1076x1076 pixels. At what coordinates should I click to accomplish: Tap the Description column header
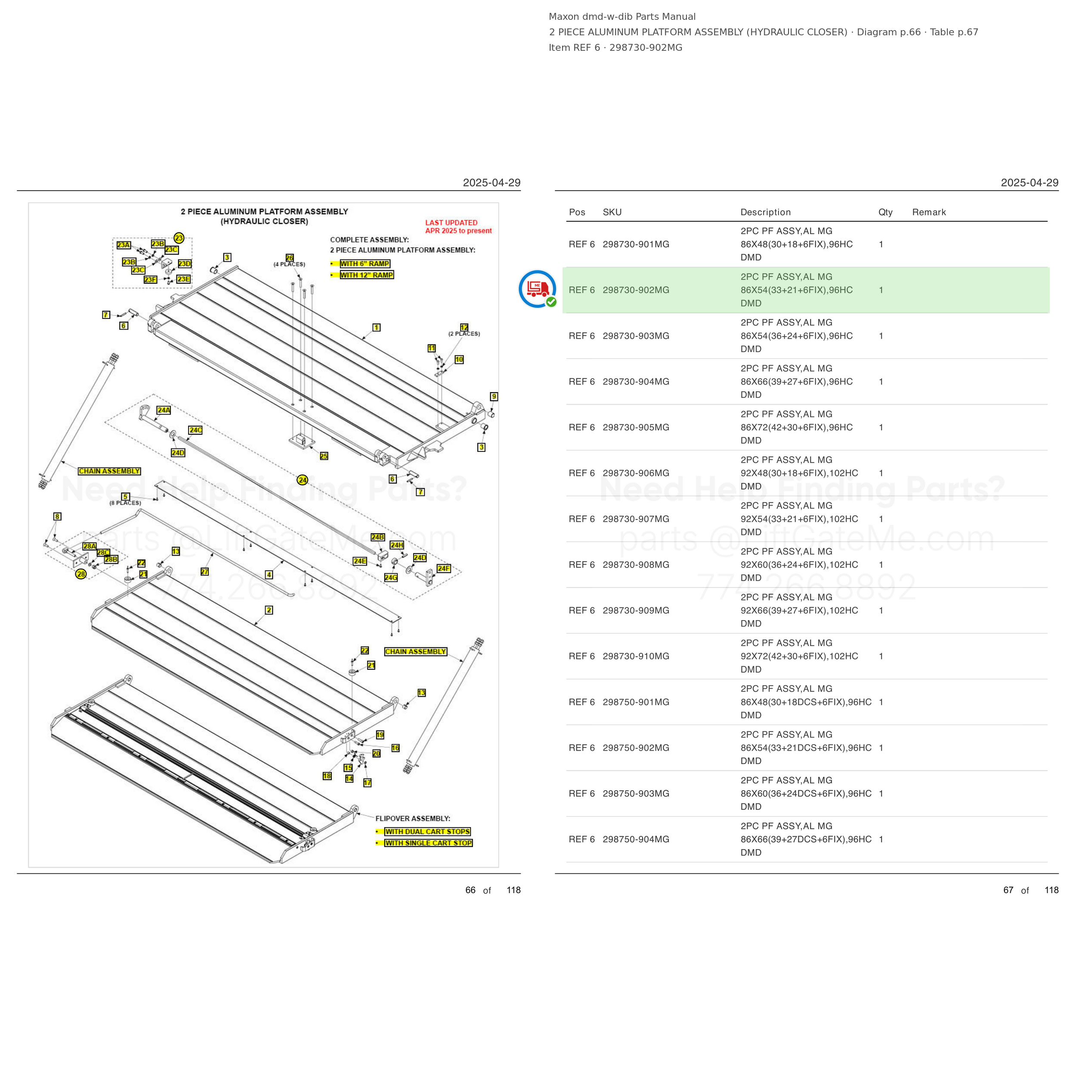pyautogui.click(x=765, y=212)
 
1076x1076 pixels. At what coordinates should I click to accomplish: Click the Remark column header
pyautogui.click(x=929, y=212)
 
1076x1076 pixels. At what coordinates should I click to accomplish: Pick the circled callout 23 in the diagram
pyautogui.click(x=179, y=238)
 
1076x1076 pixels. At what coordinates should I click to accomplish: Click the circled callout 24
pyautogui.click(x=303, y=479)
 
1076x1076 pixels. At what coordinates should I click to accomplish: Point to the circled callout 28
pyautogui.click(x=81, y=574)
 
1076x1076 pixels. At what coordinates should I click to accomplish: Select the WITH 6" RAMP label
pyautogui.click(x=365, y=264)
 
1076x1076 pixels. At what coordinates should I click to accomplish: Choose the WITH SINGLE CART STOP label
pyautogui.click(x=428, y=843)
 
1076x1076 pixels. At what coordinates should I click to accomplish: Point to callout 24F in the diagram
pyautogui.click(x=444, y=569)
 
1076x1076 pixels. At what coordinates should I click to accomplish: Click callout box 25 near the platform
pyautogui.click(x=324, y=456)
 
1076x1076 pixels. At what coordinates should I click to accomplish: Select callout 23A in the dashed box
pyautogui.click(x=124, y=245)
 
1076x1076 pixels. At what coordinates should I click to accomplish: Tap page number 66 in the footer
pyautogui.click(x=470, y=890)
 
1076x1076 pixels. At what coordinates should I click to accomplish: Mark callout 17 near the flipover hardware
pyautogui.click(x=368, y=783)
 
